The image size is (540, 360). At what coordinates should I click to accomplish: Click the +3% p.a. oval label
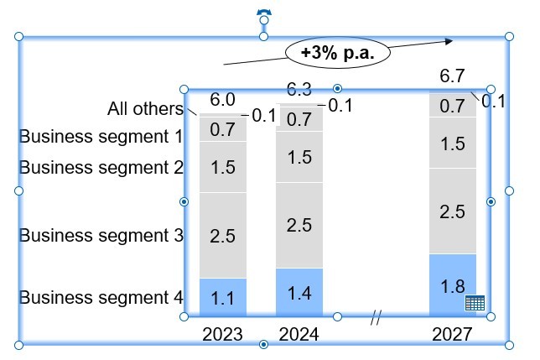click(x=339, y=53)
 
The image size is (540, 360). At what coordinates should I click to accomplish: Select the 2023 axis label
click(x=222, y=334)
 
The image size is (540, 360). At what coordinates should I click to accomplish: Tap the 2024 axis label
click(x=299, y=334)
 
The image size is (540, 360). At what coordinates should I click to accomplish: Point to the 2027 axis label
click(x=452, y=334)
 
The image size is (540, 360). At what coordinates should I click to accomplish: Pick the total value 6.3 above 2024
click(x=299, y=89)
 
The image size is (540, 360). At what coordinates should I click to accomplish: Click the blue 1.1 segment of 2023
click(x=222, y=297)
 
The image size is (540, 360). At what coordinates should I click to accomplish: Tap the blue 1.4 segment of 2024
click(x=299, y=292)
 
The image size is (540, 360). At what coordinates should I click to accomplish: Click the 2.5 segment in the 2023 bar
click(x=222, y=236)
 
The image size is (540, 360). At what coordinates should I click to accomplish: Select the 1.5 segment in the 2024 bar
click(x=299, y=157)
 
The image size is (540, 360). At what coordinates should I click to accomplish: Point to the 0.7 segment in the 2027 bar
click(x=452, y=106)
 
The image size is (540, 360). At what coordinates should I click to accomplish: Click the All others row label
click(x=145, y=109)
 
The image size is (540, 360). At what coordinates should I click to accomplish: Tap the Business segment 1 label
click(x=101, y=136)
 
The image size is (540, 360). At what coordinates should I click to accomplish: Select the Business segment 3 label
click(x=101, y=235)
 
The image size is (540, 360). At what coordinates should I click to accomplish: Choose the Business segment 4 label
click(x=101, y=297)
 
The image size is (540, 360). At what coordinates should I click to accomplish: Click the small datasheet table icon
click(x=475, y=303)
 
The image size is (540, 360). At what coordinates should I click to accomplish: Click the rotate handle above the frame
click(x=264, y=14)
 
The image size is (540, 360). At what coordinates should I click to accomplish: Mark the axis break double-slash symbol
click(x=376, y=317)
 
